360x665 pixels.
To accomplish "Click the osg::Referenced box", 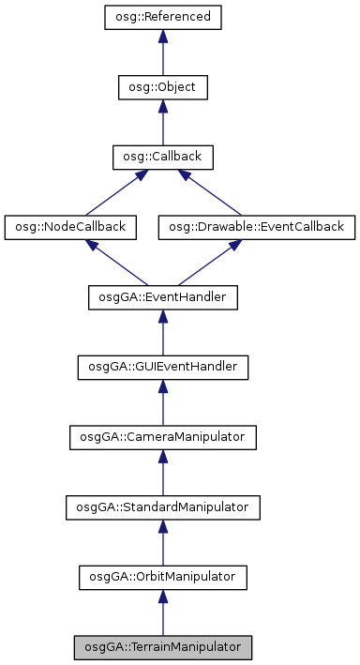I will (x=162, y=17).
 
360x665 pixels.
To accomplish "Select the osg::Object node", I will (x=162, y=87).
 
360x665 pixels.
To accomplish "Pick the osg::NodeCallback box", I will (x=71, y=227).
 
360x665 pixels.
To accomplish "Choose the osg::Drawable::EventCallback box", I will (x=257, y=227).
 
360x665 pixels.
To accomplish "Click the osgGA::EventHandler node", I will (x=162, y=297).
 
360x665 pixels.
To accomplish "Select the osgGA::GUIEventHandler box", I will (x=162, y=367).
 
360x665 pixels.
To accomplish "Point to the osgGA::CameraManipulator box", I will (x=162, y=437).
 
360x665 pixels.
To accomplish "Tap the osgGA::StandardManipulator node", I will (x=162, y=507).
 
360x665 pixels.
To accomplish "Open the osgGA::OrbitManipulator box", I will (x=162, y=577).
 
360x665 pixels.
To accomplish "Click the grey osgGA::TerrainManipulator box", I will (x=162, y=647).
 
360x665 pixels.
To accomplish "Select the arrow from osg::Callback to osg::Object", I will (x=162, y=123).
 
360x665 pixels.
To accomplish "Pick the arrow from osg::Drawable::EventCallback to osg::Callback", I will (x=211, y=193).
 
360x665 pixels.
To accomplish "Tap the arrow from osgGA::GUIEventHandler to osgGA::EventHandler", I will (x=162, y=333).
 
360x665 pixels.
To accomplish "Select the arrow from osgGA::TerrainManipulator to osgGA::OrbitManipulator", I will (x=162, y=613).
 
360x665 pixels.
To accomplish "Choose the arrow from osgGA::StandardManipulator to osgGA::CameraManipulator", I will (x=162, y=473).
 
